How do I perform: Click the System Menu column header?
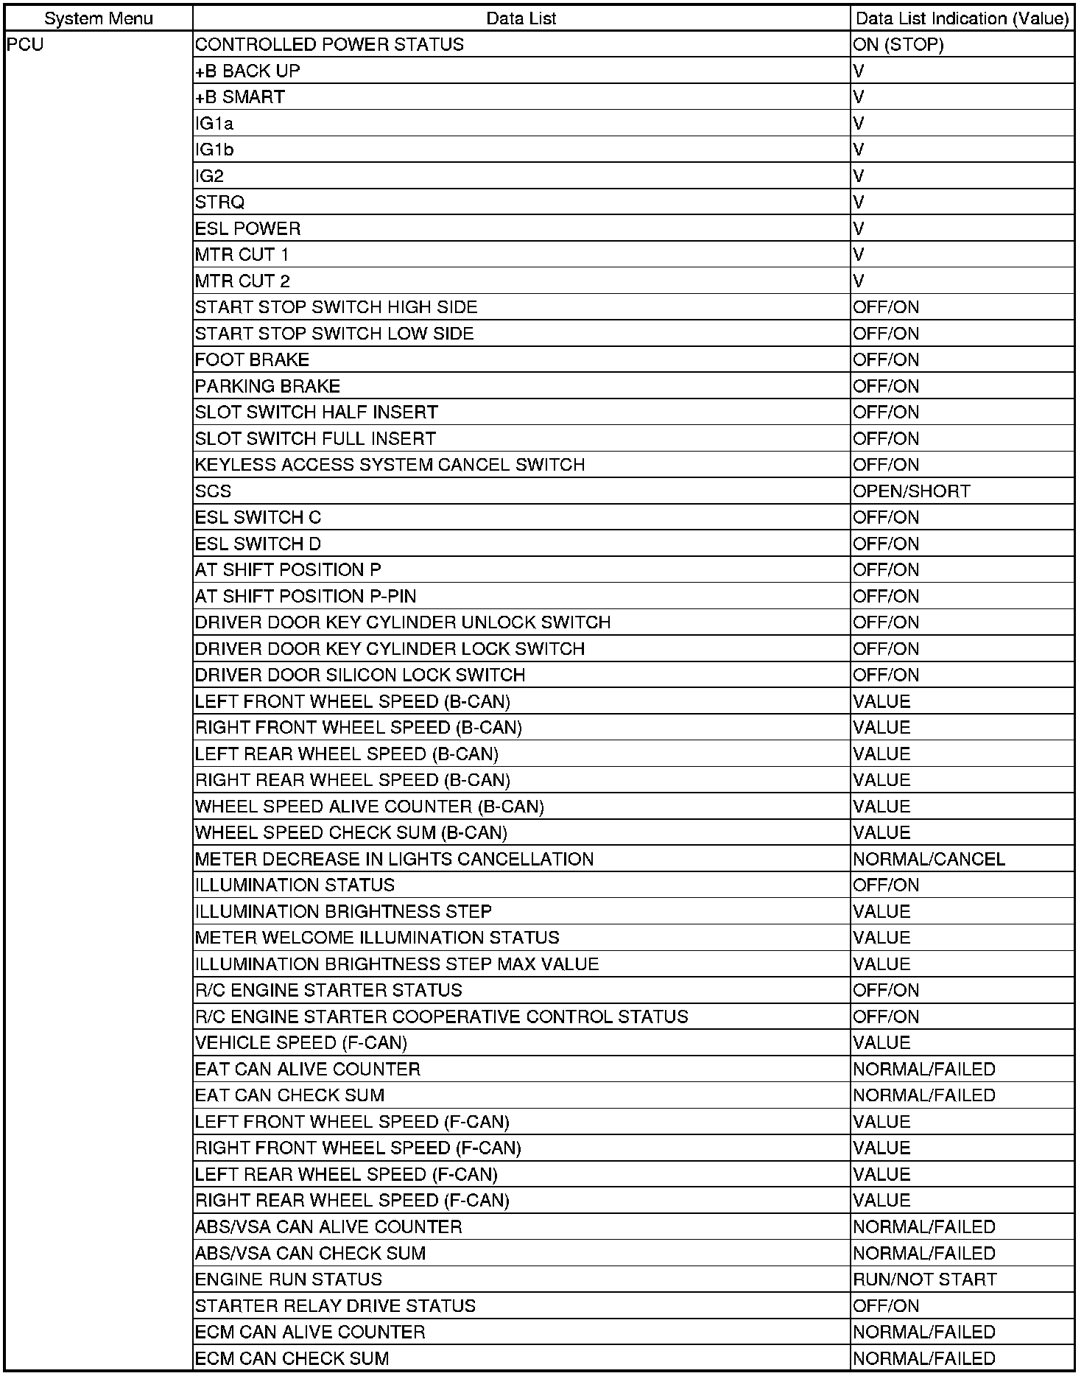[99, 18]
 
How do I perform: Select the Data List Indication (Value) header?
[962, 18]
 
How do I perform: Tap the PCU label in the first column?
[26, 45]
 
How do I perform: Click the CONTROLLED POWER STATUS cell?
[329, 45]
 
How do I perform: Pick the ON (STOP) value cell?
[898, 45]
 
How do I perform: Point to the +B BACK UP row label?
[247, 71]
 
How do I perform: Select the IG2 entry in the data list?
[210, 176]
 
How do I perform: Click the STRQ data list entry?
[219, 203]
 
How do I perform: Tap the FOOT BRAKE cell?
[252, 360]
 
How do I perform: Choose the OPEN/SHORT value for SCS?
[912, 491]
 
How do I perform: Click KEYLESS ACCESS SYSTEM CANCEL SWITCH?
[390, 465]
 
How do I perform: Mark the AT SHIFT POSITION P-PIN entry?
[306, 597]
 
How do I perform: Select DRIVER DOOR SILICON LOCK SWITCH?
[360, 675]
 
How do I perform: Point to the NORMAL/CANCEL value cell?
[929, 860]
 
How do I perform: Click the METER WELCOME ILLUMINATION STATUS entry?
[377, 938]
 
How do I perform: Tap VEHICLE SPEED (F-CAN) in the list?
[301, 1043]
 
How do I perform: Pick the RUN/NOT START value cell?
[925, 1280]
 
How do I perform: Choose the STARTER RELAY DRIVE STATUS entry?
[335, 1306]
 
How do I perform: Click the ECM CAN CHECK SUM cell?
[292, 1358]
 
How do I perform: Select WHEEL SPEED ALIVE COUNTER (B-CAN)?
[370, 807]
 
